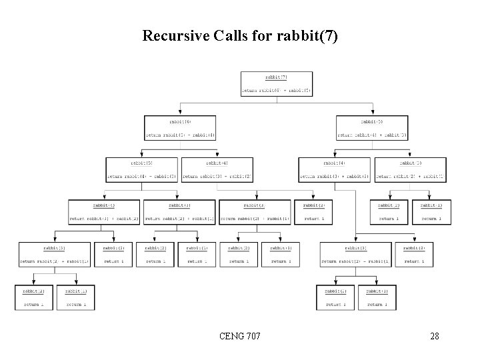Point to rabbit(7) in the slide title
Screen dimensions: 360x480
tap(308, 35)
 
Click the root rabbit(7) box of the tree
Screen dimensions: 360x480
tap(276, 83)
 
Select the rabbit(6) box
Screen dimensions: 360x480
tap(180, 129)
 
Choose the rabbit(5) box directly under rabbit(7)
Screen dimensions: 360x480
tap(373, 129)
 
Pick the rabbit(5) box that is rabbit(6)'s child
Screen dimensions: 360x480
tap(141, 170)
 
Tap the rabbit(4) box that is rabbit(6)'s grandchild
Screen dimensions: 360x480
tap(103, 211)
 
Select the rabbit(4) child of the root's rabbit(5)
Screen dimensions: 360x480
tap(334, 170)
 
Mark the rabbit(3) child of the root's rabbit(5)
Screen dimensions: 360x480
tap(411, 170)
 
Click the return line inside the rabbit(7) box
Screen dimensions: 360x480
tap(276, 90)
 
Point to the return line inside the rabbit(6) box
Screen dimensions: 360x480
tap(180, 135)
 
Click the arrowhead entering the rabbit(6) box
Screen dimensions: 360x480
tap(180, 114)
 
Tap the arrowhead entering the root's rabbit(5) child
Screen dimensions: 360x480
tap(373, 114)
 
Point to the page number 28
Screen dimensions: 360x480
tap(434, 336)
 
